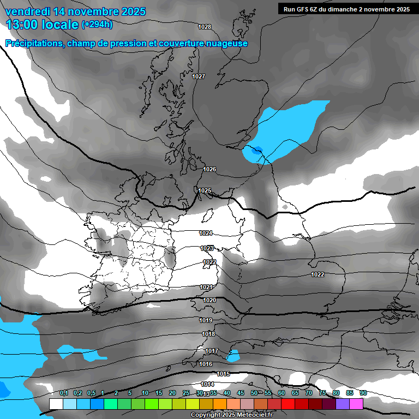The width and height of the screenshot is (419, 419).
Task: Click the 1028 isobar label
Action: pos(205,27)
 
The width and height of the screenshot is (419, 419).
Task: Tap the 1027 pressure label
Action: pos(199,76)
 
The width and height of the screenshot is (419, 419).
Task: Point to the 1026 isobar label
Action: pos(209,169)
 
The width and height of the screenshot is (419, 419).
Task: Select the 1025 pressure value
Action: pos(205,190)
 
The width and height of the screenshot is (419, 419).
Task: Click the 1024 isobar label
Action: pos(206,233)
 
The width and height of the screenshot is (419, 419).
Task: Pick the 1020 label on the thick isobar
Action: pos(209,300)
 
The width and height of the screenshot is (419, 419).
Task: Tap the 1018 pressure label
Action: pos(208,334)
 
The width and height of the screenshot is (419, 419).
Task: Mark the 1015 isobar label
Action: pos(223,374)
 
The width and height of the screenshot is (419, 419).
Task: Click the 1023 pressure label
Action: pos(207,248)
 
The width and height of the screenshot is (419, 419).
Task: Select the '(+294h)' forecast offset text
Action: pos(97,24)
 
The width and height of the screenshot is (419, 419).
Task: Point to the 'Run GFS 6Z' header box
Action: pos(346,9)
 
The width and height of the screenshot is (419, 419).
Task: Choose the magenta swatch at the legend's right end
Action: pos(356,404)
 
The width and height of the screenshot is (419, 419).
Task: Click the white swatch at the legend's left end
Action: pos(56,404)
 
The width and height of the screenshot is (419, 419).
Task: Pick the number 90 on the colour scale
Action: pos(363,393)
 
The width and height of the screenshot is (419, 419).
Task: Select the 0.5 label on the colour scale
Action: pos(91,393)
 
